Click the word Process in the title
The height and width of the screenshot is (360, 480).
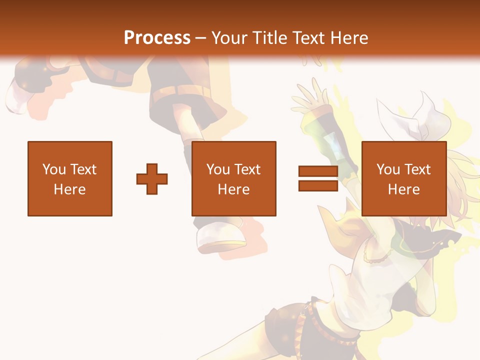click(x=157, y=38)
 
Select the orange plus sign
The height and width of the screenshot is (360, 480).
click(x=152, y=178)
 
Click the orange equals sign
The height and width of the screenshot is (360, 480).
click(x=318, y=178)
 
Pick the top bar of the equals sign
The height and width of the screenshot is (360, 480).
click(x=318, y=171)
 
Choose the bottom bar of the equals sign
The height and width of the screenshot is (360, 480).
click(x=318, y=185)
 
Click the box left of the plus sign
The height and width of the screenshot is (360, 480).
click(x=70, y=178)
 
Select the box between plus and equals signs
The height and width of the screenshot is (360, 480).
click(x=234, y=178)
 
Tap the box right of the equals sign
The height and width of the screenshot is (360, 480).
click(x=404, y=178)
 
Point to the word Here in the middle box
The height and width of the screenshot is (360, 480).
click(x=234, y=189)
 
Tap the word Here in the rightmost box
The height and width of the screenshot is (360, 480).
click(x=404, y=189)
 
